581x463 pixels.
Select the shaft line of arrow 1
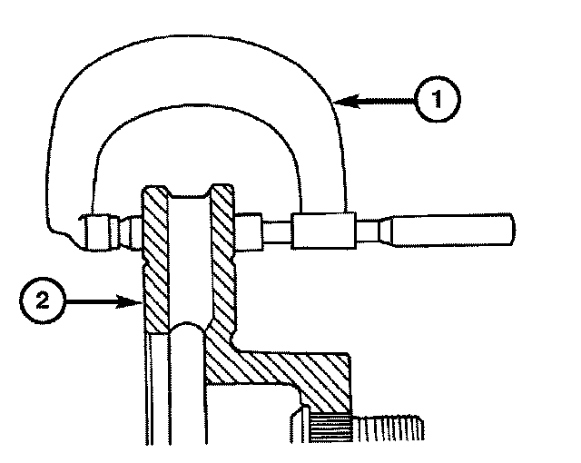pyautogui.click(x=381, y=104)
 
